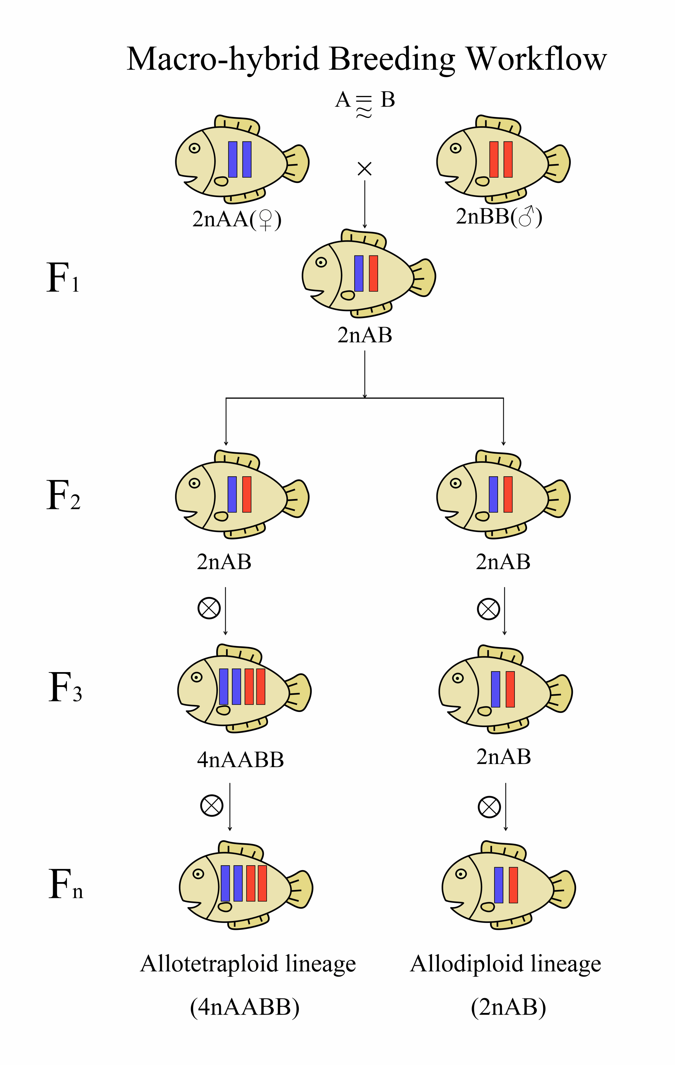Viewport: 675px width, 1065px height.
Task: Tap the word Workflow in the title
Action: pyautogui.click(x=537, y=58)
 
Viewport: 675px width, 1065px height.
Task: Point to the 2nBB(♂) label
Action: pyautogui.click(x=499, y=217)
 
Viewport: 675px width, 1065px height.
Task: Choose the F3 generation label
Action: pyautogui.click(x=65, y=687)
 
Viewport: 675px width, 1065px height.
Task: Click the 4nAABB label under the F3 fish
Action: pyautogui.click(x=240, y=760)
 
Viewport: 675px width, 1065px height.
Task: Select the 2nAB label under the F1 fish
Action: pyautogui.click(x=365, y=335)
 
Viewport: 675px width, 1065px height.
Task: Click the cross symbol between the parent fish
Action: pyautogui.click(x=365, y=168)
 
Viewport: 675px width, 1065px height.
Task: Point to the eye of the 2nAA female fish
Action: pyautogui.click(x=194, y=148)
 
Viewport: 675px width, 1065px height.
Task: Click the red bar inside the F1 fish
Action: pyautogui.click(x=373, y=273)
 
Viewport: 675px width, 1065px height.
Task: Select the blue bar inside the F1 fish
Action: pyautogui.click(x=359, y=273)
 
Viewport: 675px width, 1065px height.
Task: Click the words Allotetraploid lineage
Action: pyautogui.click(x=248, y=964)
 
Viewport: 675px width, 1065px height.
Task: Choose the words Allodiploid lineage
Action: pyautogui.click(x=506, y=964)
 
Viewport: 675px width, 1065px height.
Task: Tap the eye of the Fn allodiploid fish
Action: pyautogui.click(x=461, y=874)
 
